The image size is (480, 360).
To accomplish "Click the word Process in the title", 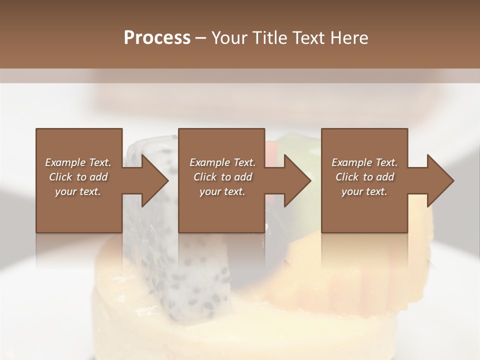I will (157, 37).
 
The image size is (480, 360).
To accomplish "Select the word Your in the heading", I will (230, 37).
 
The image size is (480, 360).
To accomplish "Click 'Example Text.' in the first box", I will (78, 162).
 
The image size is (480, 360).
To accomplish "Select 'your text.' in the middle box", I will (222, 191).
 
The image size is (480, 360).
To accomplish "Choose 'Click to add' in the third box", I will (364, 177).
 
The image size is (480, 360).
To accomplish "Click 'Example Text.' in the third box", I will (364, 162).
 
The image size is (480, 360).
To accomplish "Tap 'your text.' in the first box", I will (78, 191).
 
